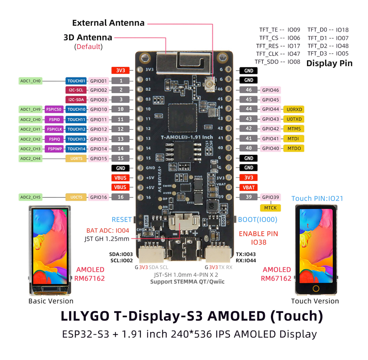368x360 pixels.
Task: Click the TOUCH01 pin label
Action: (76, 81)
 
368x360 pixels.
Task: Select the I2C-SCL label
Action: (76, 90)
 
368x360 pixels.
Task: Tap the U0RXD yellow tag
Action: (294, 109)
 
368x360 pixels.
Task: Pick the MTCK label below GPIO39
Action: (270, 208)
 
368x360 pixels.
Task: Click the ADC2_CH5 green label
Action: (31, 197)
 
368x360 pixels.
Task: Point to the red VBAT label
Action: (249, 187)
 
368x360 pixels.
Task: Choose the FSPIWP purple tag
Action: (54, 149)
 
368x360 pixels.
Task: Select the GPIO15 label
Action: (99, 158)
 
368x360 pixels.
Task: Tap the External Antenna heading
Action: (108, 23)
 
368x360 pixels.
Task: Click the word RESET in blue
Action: (121, 220)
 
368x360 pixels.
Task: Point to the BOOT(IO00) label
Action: (258, 220)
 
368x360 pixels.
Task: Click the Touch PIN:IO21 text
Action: (317, 199)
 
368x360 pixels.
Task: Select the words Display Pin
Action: (329, 63)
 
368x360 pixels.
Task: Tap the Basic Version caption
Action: (51, 301)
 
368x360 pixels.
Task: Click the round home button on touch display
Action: (316, 288)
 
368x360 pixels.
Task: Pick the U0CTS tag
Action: (76, 197)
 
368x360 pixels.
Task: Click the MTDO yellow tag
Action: (294, 148)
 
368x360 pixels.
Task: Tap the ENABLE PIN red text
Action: (258, 234)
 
